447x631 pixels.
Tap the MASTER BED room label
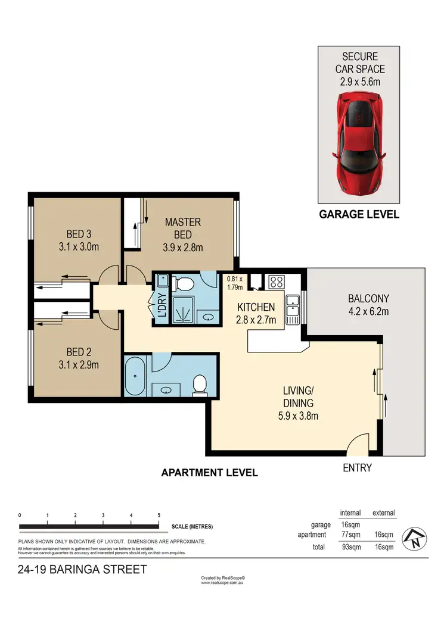pyautogui.click(x=183, y=222)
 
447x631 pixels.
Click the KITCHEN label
pyautogui.click(x=256, y=307)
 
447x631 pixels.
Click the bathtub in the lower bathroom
pyautogui.click(x=136, y=376)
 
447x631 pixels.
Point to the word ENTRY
pyautogui.click(x=358, y=468)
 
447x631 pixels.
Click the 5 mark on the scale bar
pyautogui.click(x=159, y=516)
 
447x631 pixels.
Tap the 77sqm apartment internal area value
pyautogui.click(x=350, y=535)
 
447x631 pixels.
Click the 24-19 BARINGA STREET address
pyautogui.click(x=82, y=570)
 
